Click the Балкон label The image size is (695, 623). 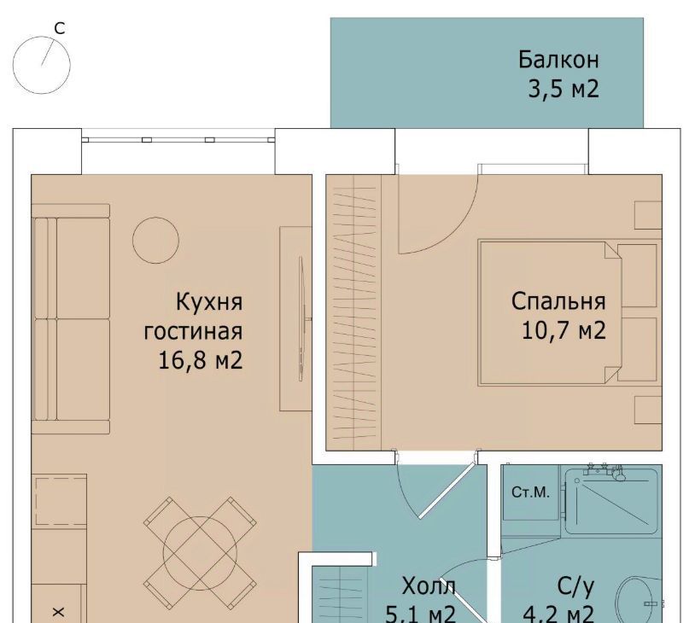[x=558, y=60]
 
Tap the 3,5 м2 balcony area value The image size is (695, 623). [x=564, y=89]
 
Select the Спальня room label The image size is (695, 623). [x=558, y=301]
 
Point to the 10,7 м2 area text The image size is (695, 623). [x=564, y=330]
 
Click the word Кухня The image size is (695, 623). [x=209, y=302]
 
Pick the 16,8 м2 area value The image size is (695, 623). [x=201, y=360]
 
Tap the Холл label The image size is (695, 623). [x=429, y=586]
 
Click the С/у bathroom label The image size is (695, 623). [x=575, y=586]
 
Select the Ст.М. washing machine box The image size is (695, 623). [x=531, y=492]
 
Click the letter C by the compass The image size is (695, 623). [x=60, y=28]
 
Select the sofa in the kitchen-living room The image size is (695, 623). [x=71, y=319]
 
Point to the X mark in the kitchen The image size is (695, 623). [x=59, y=613]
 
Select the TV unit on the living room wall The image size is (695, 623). [x=295, y=319]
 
